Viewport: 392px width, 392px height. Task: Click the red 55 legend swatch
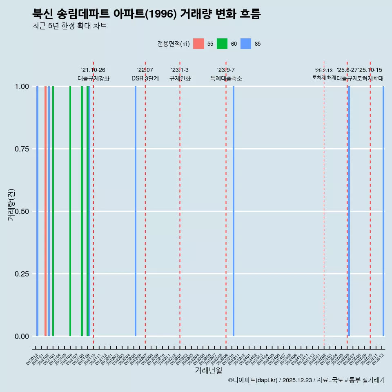click(198, 44)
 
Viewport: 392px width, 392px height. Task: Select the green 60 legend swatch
click(222, 44)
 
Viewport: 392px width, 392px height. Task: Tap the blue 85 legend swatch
click(246, 44)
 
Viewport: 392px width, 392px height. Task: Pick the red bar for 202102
click(45, 211)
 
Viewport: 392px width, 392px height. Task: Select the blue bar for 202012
click(37, 211)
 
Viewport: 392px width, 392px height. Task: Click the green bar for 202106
click(70, 211)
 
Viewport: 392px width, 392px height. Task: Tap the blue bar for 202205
click(136, 211)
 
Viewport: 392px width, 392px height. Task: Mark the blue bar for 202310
click(234, 211)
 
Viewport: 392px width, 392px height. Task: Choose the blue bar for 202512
click(383, 211)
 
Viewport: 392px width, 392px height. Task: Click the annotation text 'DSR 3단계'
click(145, 78)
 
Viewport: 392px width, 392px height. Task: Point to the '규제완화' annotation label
click(180, 78)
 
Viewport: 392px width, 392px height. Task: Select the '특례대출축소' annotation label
click(226, 78)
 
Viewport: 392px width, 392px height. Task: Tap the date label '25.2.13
click(324, 70)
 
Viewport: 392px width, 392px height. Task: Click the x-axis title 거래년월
click(208, 370)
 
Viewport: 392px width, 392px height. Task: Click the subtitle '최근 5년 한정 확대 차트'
click(69, 26)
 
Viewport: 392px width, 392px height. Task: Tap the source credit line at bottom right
click(306, 380)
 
